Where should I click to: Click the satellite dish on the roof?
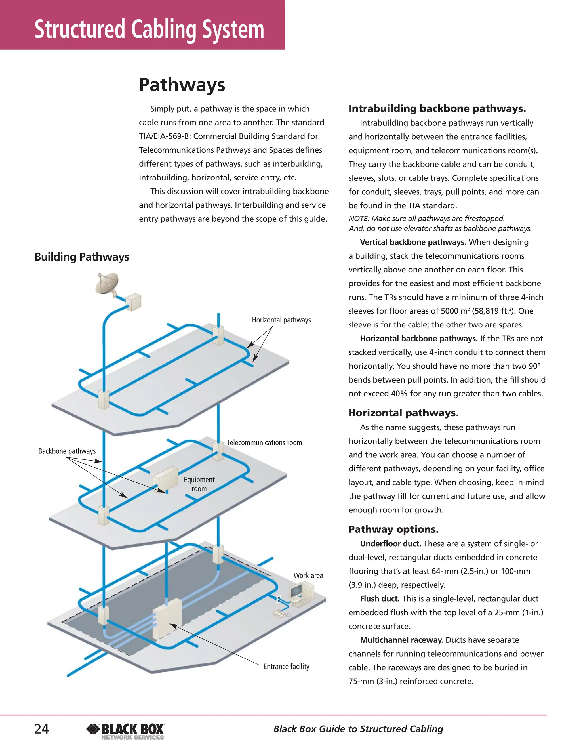point(107,283)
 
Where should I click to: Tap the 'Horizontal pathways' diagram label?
point(281,320)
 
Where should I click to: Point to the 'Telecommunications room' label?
point(264,443)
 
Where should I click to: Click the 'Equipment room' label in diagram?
point(199,484)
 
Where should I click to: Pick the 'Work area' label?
point(308,575)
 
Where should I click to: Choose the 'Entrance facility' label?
point(286,666)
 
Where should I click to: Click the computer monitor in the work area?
point(296,591)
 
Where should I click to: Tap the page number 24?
point(41,729)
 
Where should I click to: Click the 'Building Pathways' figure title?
point(82,257)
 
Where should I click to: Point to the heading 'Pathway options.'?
point(393,529)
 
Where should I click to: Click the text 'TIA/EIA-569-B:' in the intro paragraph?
point(165,136)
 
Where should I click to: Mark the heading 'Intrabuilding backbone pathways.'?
point(437,109)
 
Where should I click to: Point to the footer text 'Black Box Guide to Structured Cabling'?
point(358,729)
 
